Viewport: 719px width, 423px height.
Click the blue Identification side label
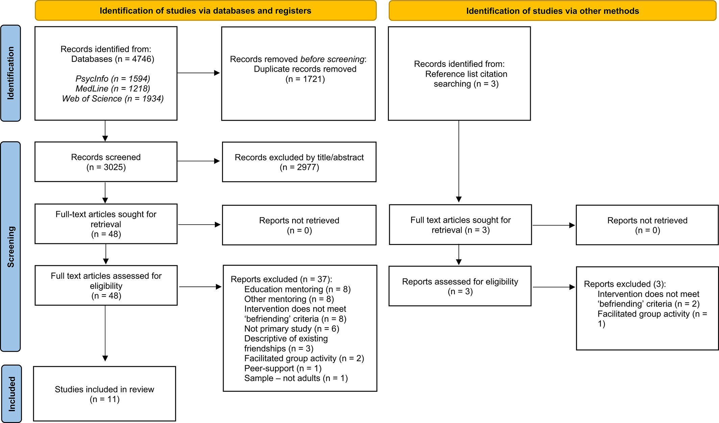tap(10, 73)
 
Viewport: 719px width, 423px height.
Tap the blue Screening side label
tap(10, 247)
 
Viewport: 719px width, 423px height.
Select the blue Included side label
tap(11, 394)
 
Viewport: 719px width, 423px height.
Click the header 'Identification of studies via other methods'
tap(552, 11)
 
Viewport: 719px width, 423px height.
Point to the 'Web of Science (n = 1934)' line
tap(113, 99)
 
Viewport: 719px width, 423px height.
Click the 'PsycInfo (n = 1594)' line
tap(113, 79)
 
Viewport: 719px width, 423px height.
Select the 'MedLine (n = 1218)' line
tap(113, 89)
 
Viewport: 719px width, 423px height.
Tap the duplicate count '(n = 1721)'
tap(305, 79)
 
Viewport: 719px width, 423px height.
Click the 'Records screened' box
tap(106, 162)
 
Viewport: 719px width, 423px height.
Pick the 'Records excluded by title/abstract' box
tap(299, 162)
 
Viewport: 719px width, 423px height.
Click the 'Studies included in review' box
tap(105, 394)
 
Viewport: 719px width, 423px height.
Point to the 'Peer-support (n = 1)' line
tap(283, 368)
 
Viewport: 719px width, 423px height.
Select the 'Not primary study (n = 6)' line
tap(292, 329)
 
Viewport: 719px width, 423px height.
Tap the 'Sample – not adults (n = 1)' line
tap(296, 378)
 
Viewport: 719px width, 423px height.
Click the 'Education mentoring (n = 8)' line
tap(297, 289)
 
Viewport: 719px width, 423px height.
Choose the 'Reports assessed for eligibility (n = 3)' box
tap(460, 286)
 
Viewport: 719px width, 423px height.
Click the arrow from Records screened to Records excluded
tap(199, 161)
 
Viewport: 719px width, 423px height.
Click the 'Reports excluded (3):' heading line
tap(625, 284)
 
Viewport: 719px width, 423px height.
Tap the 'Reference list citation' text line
tap(466, 74)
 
